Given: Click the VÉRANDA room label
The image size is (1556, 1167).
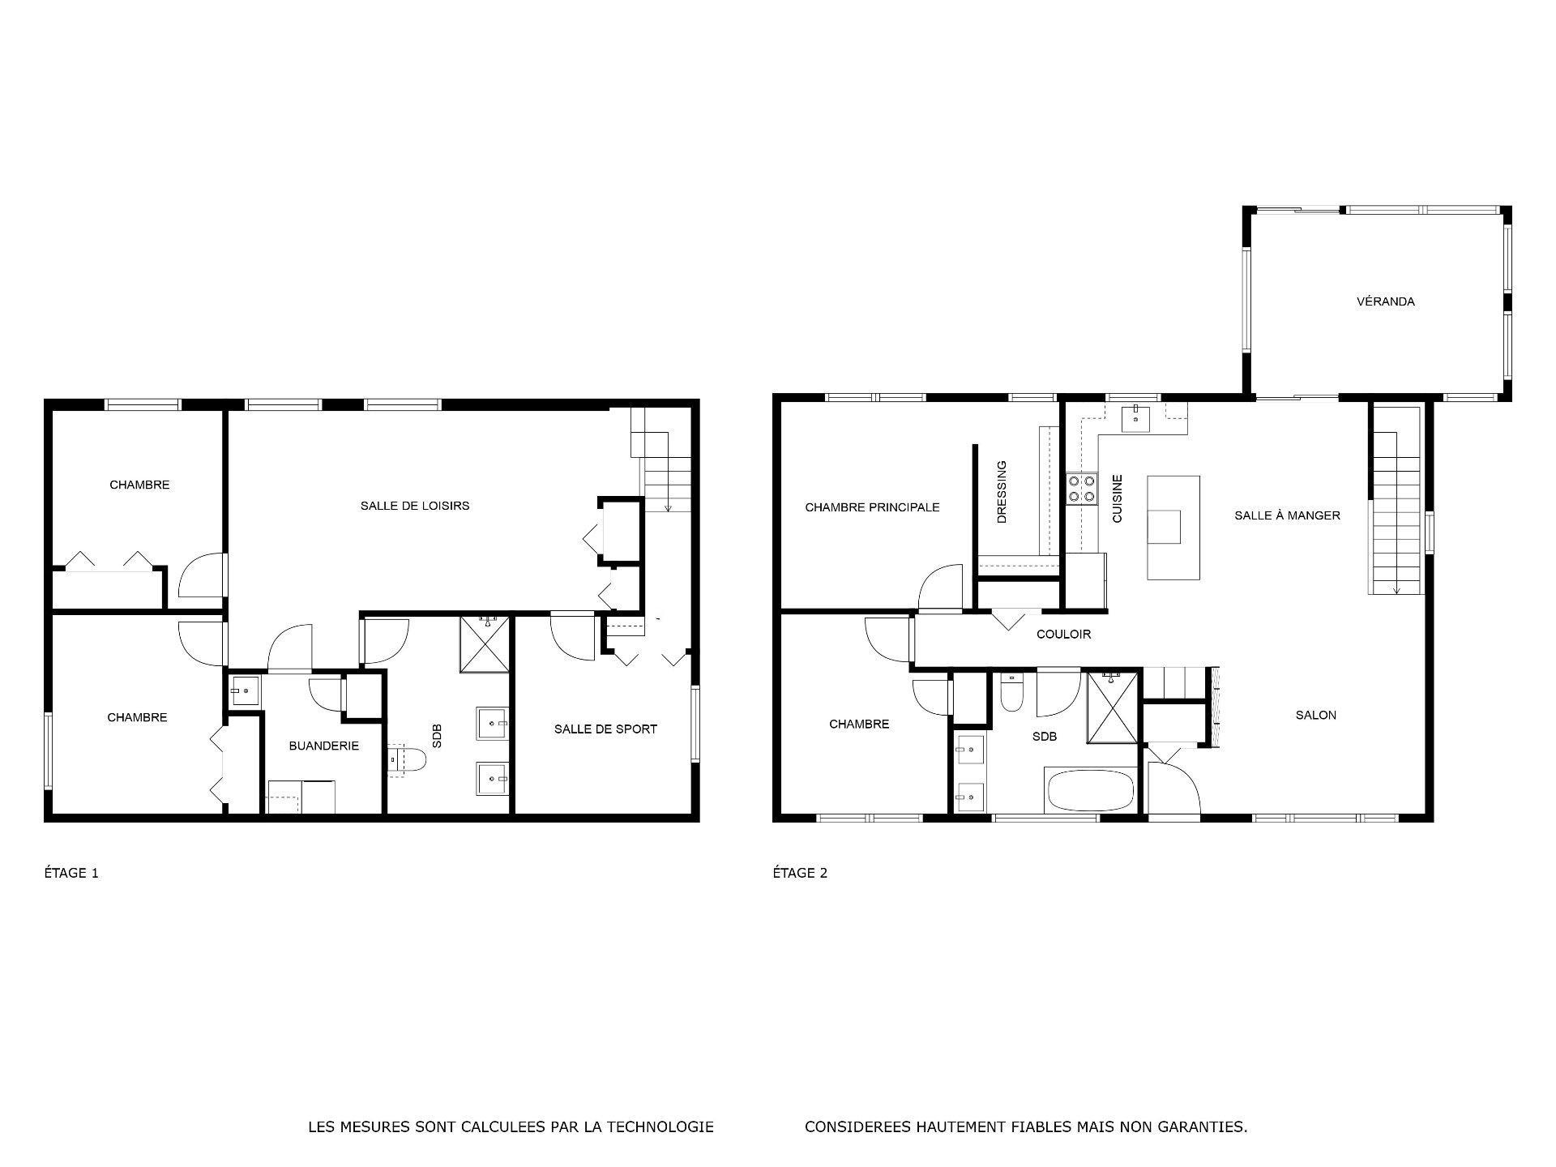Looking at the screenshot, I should (x=1385, y=301).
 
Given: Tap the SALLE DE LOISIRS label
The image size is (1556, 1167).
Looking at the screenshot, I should (x=415, y=506).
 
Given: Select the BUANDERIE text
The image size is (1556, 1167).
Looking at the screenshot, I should (x=323, y=746).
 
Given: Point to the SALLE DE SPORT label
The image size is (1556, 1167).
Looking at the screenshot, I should (x=605, y=729).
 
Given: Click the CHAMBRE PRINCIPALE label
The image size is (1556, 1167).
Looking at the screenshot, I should (x=872, y=507).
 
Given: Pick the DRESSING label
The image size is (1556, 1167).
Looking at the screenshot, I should (x=1002, y=492).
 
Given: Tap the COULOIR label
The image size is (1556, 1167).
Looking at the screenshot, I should (x=1063, y=635).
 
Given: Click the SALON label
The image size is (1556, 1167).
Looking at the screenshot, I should (x=1315, y=715).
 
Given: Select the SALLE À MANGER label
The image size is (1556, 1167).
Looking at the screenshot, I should (x=1287, y=515).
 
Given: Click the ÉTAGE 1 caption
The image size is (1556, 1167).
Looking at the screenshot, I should (x=71, y=873).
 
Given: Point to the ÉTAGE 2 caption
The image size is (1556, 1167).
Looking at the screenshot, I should (x=800, y=873).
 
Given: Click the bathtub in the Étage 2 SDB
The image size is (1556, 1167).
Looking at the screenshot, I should (x=1090, y=790).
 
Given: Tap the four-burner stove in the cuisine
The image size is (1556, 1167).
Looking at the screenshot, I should (x=1081, y=489).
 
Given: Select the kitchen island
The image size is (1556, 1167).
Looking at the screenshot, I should (x=1173, y=528).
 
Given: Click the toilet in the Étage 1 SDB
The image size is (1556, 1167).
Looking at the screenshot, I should (x=408, y=760).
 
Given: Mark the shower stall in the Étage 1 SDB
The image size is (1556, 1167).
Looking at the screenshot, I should (x=485, y=644).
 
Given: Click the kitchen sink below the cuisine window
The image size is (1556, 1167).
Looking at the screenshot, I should (x=1135, y=419).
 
